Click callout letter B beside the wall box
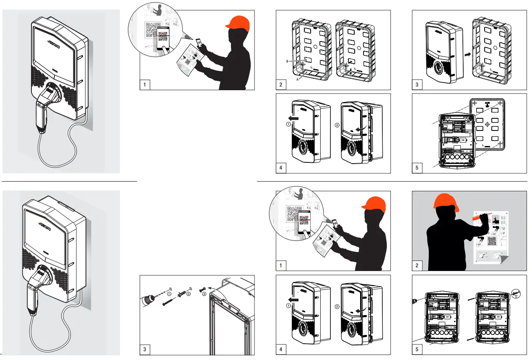point(287,61)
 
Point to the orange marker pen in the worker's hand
point(476,218)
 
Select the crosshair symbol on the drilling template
point(487,125)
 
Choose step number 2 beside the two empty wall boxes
point(281,85)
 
